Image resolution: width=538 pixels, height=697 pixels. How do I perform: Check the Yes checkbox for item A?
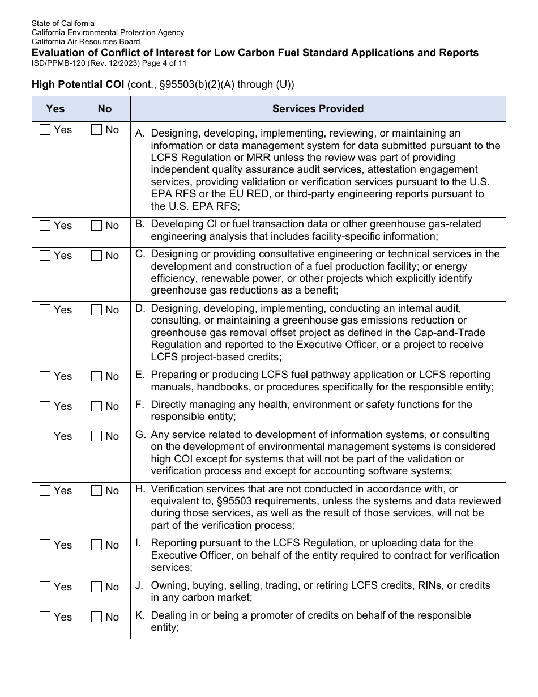[45, 130]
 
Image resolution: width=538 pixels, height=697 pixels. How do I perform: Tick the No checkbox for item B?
[96, 226]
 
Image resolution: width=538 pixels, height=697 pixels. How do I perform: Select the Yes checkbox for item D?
[45, 310]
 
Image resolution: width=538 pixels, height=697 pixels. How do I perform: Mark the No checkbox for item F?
[96, 406]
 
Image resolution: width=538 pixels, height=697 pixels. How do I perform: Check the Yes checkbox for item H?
[45, 491]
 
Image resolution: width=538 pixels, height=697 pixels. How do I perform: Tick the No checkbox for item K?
[96, 617]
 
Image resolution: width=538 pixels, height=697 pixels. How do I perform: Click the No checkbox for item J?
[96, 587]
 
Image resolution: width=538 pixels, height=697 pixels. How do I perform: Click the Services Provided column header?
[318, 109]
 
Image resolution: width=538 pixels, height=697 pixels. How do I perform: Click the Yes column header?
[55, 109]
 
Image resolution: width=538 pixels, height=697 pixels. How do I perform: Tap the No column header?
[105, 109]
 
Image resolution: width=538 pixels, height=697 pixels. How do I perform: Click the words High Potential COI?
[78, 85]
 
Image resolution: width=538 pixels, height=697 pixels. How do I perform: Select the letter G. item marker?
[140, 435]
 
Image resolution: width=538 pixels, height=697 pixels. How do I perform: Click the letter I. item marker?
[138, 543]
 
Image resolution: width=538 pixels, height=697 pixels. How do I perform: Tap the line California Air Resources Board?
[86, 41]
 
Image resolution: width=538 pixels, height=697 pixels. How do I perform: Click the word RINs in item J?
[431, 585]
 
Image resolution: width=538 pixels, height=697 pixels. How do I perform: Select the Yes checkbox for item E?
[45, 376]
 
